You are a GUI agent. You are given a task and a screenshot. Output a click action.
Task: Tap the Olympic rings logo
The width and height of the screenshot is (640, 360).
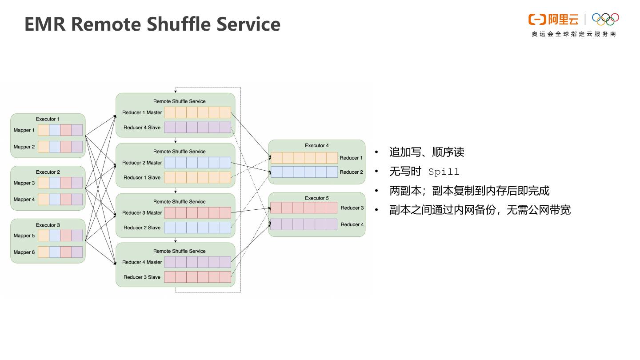tap(605, 19)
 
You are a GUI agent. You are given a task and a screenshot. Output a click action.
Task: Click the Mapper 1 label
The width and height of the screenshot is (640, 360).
tap(24, 130)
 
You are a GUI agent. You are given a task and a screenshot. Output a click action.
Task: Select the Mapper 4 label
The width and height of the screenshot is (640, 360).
tap(24, 200)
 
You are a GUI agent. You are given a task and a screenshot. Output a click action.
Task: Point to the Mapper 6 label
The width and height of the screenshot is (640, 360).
tap(24, 252)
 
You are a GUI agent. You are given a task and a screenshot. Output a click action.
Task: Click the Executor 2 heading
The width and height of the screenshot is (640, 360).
tap(48, 172)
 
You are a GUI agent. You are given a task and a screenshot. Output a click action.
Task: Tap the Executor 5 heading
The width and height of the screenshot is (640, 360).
tap(317, 198)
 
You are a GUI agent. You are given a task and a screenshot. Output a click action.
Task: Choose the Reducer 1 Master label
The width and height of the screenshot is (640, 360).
tap(142, 112)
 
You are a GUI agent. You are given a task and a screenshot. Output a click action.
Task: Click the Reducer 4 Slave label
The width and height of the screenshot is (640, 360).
tap(142, 128)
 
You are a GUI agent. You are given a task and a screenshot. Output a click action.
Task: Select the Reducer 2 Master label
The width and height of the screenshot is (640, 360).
tap(142, 163)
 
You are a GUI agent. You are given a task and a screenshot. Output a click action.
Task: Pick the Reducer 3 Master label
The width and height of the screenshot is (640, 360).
tap(142, 213)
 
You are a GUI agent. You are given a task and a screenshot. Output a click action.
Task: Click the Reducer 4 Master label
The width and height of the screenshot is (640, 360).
tap(142, 262)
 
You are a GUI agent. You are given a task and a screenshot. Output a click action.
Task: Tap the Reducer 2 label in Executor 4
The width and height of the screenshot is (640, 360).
tap(352, 172)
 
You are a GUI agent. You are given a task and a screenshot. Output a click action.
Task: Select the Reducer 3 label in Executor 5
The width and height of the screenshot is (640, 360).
tap(352, 208)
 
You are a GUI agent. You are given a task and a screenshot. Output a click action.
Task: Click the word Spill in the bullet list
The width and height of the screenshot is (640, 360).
tap(444, 172)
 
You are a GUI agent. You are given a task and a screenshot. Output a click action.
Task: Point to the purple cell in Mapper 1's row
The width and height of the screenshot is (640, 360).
tap(77, 130)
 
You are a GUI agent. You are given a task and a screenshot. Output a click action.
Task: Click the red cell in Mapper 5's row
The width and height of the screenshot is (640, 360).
tap(66, 236)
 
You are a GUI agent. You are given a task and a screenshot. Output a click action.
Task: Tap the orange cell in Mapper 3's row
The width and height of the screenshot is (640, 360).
tap(44, 183)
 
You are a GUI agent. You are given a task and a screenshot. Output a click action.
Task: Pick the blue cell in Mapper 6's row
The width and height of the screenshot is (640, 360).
tap(55, 252)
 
